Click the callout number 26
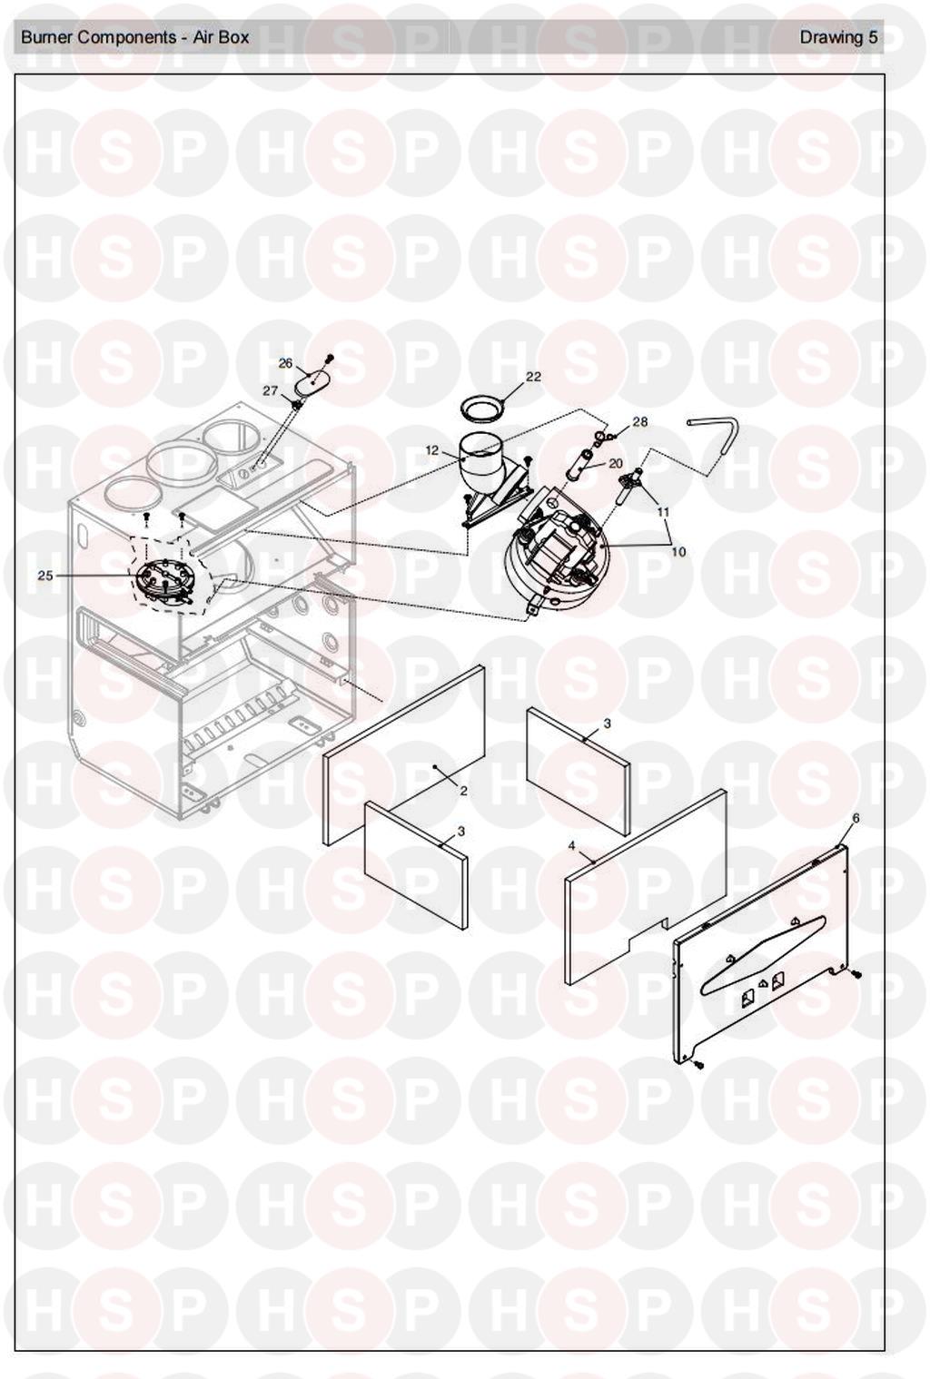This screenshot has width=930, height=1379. pyautogui.click(x=285, y=363)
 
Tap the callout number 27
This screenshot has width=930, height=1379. pyautogui.click(x=271, y=390)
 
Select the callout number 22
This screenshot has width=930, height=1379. pyautogui.click(x=533, y=376)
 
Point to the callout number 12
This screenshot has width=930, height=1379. pyautogui.click(x=432, y=450)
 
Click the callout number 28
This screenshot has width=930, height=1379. pyautogui.click(x=640, y=422)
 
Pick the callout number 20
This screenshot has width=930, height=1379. pyautogui.click(x=615, y=463)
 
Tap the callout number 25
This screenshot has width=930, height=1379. pyautogui.click(x=45, y=576)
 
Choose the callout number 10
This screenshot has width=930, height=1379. pyautogui.click(x=678, y=552)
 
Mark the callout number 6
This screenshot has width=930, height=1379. pyautogui.click(x=856, y=818)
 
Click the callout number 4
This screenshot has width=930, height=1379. pyautogui.click(x=571, y=846)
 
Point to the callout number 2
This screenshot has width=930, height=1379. pyautogui.click(x=464, y=791)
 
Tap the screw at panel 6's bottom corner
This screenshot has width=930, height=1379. pyautogui.click(x=697, y=1064)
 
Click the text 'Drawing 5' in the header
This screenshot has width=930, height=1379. pyautogui.click(x=838, y=37)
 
